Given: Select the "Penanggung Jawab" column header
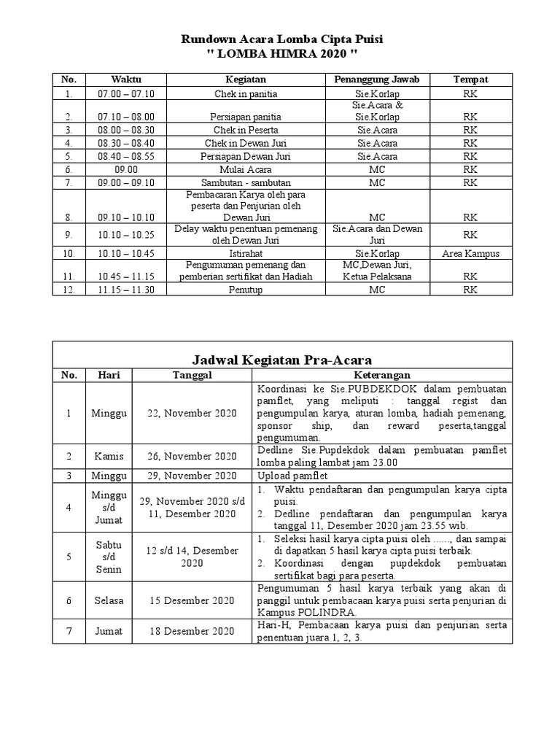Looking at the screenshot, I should pyautogui.click(x=377, y=79).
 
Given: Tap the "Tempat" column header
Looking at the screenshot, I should pyautogui.click(x=470, y=79).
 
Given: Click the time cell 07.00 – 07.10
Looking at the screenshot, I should pyautogui.click(x=126, y=94).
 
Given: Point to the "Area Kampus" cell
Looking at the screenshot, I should pyautogui.click(x=470, y=253).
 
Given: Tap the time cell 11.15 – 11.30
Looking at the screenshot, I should pyautogui.click(x=126, y=290).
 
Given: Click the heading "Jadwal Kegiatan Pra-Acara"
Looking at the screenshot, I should pyautogui.click(x=281, y=359).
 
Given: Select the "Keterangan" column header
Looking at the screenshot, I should pyautogui.click(x=382, y=375).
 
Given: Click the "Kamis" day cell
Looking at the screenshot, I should pyautogui.click(x=109, y=456).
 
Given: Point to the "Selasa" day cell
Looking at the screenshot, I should pyautogui.click(x=109, y=600).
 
